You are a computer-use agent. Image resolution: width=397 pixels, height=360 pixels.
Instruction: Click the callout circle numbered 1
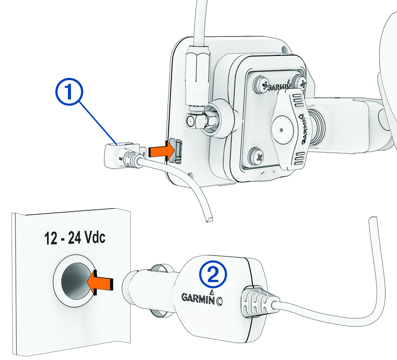point(69,92)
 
